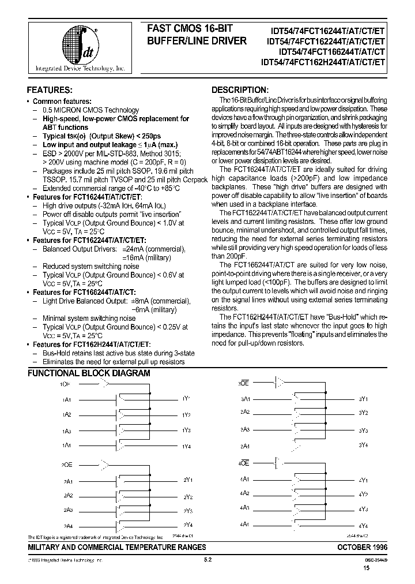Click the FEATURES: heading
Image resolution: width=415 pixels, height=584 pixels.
[50, 90]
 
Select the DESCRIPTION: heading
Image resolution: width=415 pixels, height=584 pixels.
[240, 90]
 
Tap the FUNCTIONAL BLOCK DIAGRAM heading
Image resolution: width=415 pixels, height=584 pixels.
[89, 373]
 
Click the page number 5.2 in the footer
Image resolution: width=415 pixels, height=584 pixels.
[208, 560]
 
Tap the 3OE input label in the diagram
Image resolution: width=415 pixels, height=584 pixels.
[244, 383]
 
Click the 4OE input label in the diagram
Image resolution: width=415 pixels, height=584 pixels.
[244, 463]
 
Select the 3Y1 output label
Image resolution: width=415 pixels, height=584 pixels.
[363, 399]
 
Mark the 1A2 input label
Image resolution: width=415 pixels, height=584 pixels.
[67, 415]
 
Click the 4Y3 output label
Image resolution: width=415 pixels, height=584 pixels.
[363, 510]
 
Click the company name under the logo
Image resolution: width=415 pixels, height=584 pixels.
[80, 69]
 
